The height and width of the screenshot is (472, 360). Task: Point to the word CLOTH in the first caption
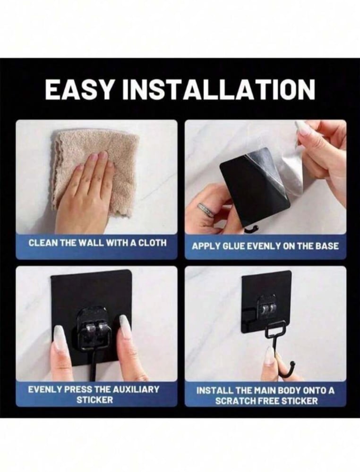pos(154,242)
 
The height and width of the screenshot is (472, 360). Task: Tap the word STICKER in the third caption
pos(94,400)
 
